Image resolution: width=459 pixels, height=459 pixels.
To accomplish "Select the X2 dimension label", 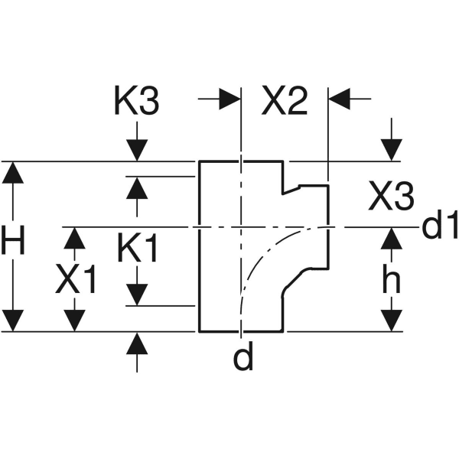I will [x=285, y=103].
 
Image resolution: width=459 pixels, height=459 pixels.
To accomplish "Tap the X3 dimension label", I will [x=391, y=199].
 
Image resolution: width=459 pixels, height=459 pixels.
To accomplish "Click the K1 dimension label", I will [x=138, y=249].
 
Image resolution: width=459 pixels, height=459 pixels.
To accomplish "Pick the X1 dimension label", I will [x=76, y=282].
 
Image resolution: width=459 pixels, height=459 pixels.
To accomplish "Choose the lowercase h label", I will [x=391, y=282].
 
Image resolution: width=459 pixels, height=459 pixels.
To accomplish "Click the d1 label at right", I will [x=440, y=227].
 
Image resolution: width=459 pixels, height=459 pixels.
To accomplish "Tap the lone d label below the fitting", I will [x=243, y=358].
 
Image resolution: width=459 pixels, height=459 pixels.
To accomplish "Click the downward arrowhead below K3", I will [x=137, y=150].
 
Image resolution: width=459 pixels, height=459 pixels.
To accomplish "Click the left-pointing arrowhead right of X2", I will [x=340, y=98].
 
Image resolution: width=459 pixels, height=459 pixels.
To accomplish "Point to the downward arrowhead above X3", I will [x=392, y=150].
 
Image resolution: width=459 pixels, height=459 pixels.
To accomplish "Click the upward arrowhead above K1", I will [x=137, y=187].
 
